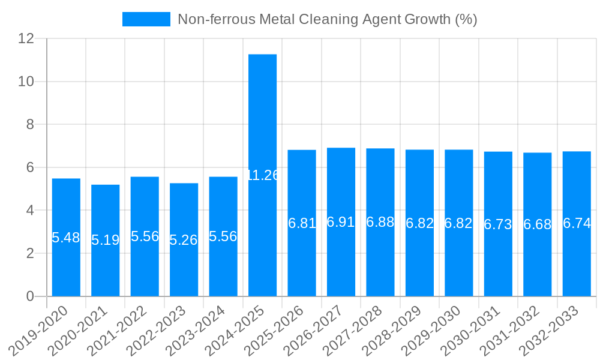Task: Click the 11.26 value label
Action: point(263,175)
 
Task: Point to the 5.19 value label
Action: point(106,241)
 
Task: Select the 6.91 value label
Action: point(341,222)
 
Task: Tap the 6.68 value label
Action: point(538,224)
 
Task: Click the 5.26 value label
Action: point(184,241)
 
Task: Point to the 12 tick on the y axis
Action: point(26,38)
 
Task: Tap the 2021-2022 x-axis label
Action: point(118,329)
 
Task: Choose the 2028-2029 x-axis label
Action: point(394,329)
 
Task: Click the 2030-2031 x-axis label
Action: point(472,329)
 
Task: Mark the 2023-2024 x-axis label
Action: point(197,329)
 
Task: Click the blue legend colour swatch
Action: point(146,19)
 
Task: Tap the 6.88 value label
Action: point(380,222)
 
